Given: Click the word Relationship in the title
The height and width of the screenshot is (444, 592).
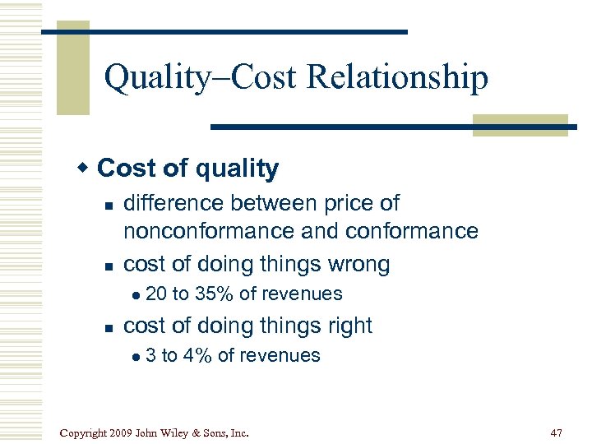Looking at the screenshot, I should coord(397,78).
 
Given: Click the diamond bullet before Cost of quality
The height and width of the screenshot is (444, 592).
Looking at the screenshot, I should coord(82,168).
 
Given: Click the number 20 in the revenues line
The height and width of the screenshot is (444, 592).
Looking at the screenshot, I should coord(155,294).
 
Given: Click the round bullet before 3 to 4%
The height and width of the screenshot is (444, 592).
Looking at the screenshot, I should coord(136,356).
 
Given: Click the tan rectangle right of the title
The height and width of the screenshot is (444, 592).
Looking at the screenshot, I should coord(520,125).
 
